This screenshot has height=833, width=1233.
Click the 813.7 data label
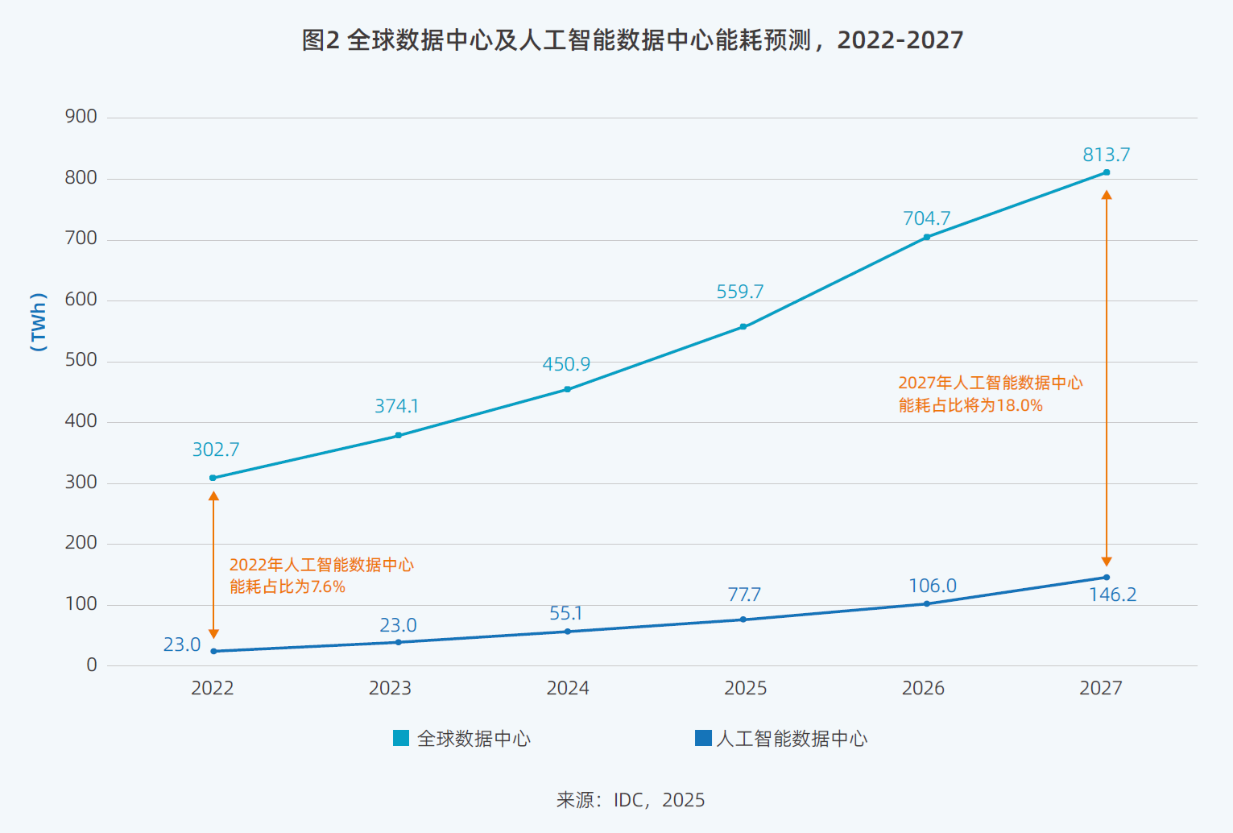click(1106, 155)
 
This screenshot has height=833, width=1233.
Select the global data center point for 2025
click(743, 327)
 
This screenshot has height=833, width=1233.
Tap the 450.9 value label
click(566, 364)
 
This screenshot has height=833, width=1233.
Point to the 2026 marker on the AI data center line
click(926, 603)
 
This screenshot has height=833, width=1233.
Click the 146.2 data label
click(1112, 595)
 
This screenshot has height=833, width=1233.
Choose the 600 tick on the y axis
click(81, 300)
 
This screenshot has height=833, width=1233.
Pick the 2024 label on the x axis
click(568, 688)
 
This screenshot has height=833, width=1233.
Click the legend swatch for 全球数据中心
click(401, 738)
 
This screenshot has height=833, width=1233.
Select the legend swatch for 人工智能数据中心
click(703, 738)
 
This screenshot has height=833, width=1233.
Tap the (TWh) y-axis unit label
click(38, 321)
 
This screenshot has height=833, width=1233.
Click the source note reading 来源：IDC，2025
click(631, 800)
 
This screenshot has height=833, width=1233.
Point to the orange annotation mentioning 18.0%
click(990, 394)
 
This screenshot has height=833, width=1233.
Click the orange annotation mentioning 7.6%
click(321, 575)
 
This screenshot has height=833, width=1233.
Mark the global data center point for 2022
click(213, 478)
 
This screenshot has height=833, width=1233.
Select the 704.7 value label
click(926, 218)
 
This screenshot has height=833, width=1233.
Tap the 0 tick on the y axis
click(92, 665)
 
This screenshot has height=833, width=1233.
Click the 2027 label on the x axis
click(1100, 688)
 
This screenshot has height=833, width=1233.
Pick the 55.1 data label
click(565, 614)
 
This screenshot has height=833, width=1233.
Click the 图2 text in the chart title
click(321, 40)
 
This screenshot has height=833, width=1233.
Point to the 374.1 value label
click(396, 406)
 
